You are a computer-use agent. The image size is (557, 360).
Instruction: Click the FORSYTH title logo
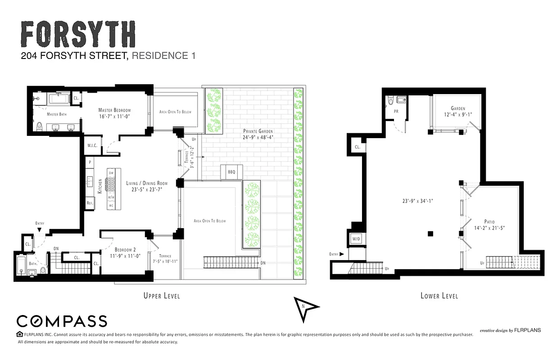pyautogui.click(x=78, y=34)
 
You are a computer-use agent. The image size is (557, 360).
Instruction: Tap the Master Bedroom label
pyautogui.click(x=114, y=110)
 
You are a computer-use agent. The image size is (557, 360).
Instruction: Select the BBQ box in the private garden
pyautogui.click(x=231, y=172)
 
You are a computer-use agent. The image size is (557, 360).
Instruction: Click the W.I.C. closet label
pyautogui.click(x=92, y=145)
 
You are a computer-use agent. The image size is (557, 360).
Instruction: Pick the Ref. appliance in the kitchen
pyautogui.click(x=90, y=203)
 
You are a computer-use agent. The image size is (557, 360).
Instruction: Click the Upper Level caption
pyautogui.click(x=161, y=296)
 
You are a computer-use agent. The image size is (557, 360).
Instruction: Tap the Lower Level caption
pyautogui.click(x=439, y=296)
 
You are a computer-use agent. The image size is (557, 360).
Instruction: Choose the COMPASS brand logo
pyautogui.click(x=62, y=321)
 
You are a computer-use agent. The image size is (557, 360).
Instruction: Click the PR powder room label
pyautogui.click(x=396, y=111)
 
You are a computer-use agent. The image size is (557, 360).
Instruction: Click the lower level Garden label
pyautogui.click(x=458, y=108)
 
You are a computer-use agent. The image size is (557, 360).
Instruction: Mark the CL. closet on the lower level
pyautogui.click(x=357, y=147)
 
